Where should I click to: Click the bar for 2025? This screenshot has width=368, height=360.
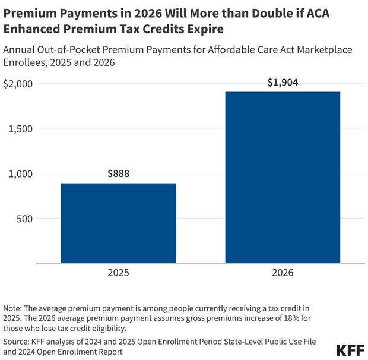pyautogui.click(x=118, y=223)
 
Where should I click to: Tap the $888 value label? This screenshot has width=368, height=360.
pyautogui.click(x=118, y=174)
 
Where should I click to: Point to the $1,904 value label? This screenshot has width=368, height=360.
pyautogui.click(x=283, y=83)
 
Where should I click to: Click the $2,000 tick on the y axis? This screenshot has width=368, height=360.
pyautogui.click(x=18, y=84)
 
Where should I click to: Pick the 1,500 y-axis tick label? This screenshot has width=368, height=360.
pyautogui.click(x=21, y=128)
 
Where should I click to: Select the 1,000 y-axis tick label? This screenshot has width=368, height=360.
pyautogui.click(x=21, y=173)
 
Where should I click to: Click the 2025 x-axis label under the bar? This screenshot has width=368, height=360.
pyautogui.click(x=118, y=274)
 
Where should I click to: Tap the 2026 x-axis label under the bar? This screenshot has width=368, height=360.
pyautogui.click(x=283, y=274)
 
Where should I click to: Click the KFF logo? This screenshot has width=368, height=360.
pyautogui.click(x=350, y=349)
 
